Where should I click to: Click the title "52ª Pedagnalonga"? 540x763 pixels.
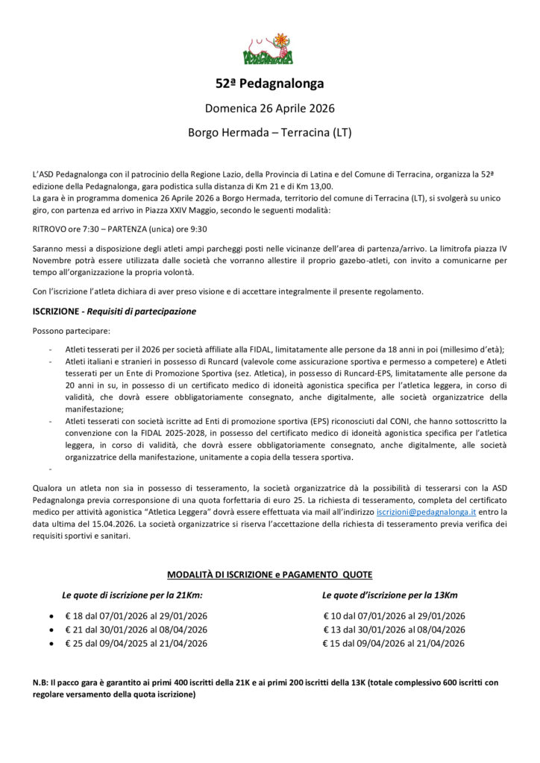coord(269,83)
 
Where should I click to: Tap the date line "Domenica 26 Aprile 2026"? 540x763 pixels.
coord(269,109)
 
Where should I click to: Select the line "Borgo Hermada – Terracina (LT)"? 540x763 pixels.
coord(269,133)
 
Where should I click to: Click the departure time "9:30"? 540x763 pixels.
coord(198,229)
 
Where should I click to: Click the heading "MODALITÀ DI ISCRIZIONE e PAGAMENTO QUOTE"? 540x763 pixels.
coord(269,574)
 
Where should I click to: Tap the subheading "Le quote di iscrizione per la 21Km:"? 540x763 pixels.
coord(132,595)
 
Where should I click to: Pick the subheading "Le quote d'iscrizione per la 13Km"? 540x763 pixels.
coord(390,595)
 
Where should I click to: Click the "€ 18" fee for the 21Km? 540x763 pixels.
coord(74,616)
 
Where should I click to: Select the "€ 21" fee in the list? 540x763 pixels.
coord(74,630)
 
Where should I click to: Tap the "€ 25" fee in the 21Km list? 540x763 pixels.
coord(74,643)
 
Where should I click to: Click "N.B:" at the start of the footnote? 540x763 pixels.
coord(43,682)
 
